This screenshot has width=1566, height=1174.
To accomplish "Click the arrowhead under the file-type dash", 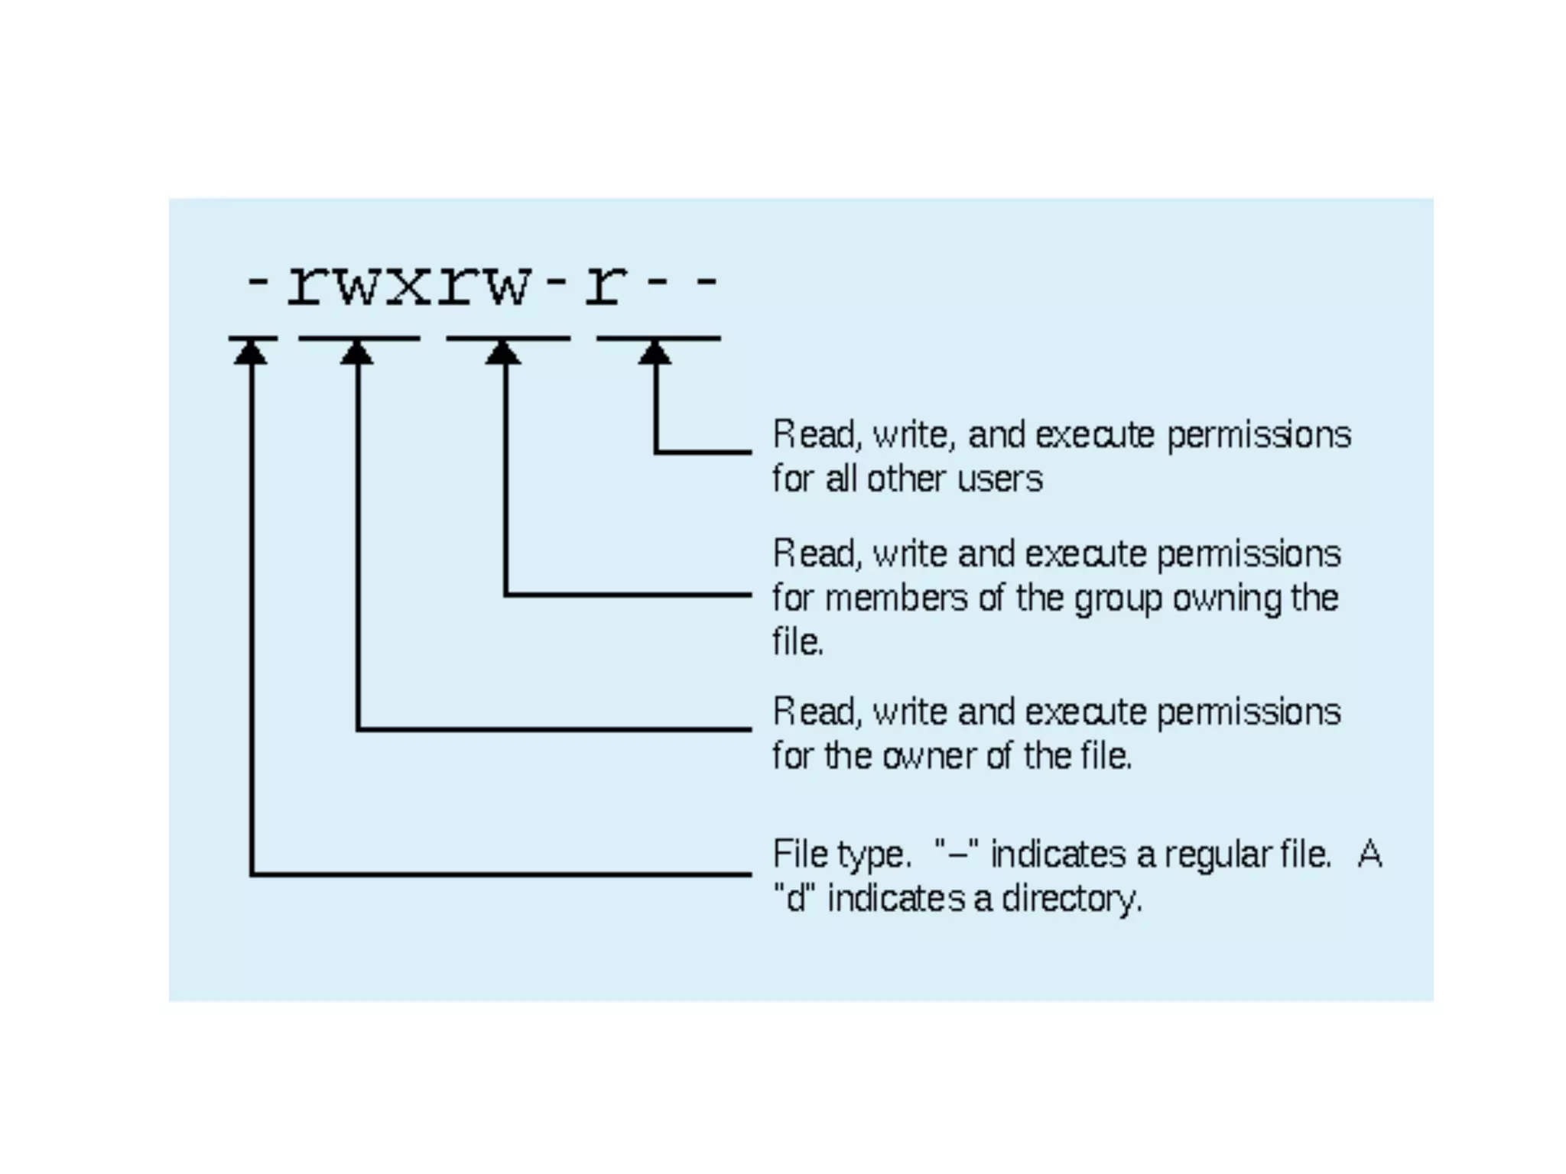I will (251, 352).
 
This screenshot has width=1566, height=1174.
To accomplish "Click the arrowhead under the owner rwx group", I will (357, 352).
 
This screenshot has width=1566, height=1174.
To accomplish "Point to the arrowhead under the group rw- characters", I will (503, 352).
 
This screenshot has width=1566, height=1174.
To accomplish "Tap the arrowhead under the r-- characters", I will (655, 352).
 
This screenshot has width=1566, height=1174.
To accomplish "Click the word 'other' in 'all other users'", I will (907, 480).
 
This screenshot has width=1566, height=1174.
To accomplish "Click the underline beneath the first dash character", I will (253, 338).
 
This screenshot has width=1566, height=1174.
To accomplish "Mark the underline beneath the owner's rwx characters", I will (359, 338).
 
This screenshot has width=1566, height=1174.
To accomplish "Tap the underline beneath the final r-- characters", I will (658, 338).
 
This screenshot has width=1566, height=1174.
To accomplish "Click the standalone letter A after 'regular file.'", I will (1369, 855).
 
